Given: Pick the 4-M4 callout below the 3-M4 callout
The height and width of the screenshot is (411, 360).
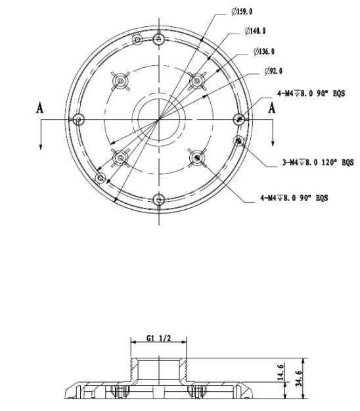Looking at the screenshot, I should [295, 197].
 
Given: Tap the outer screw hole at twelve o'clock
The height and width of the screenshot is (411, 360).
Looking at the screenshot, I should [158, 39].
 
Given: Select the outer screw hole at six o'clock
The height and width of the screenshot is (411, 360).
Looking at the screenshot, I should [158, 200].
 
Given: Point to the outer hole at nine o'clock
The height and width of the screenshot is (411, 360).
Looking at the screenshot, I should [78, 120].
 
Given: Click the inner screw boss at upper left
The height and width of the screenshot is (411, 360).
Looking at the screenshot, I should [121, 81].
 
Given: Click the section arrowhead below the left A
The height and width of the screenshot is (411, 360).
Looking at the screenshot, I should [40, 146].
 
